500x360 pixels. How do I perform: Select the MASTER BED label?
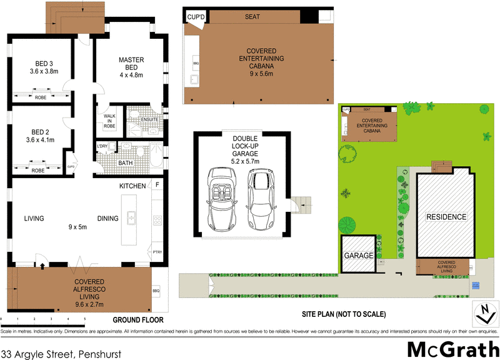coord(131,60)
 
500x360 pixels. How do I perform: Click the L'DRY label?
coord(102,147)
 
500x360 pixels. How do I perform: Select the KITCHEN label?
coord(133,186)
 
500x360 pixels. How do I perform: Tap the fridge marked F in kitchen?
coord(157,186)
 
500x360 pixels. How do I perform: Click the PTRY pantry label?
coord(157,252)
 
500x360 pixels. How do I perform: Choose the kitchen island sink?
coord(133,217)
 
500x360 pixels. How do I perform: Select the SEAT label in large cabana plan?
coord(252,17)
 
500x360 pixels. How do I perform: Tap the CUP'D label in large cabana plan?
coord(196,17)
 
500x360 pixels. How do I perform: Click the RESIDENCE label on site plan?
coord(446,217)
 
